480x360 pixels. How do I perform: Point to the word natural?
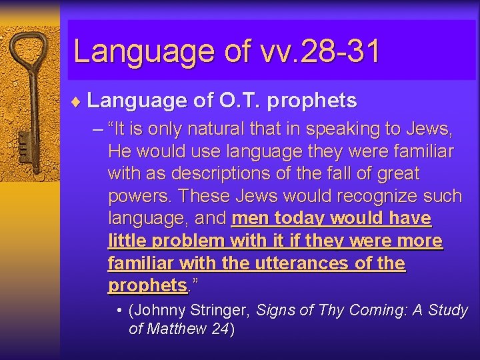(214, 129)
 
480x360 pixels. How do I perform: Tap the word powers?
(139, 197)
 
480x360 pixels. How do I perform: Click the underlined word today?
(301, 218)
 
